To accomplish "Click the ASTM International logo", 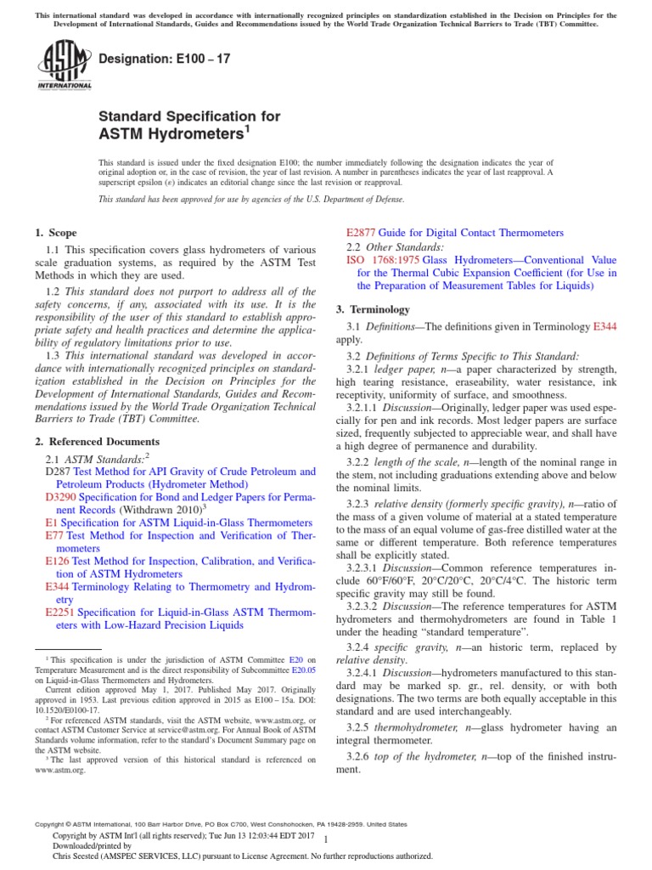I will (x=65, y=65).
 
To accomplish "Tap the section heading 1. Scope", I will (x=55, y=233).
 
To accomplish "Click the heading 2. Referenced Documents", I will (x=97, y=442).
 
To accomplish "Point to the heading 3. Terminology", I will (x=373, y=309).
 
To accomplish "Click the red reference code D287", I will (x=59, y=471).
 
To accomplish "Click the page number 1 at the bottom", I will (x=326, y=839).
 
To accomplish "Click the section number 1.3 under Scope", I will (x=53, y=355).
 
